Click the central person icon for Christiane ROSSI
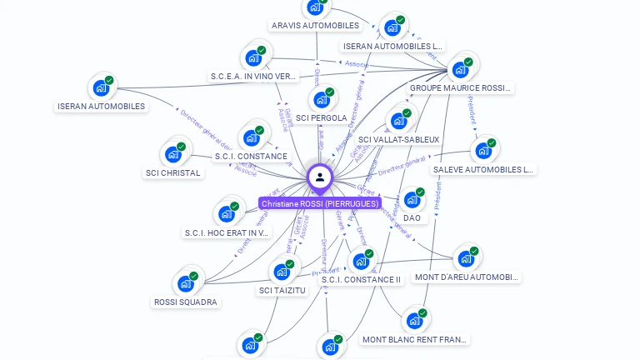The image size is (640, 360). (x=320, y=177)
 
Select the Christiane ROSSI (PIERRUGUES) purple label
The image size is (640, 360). (x=320, y=203)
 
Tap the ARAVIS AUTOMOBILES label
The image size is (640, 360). (x=315, y=26)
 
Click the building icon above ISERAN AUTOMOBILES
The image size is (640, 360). (x=101, y=87)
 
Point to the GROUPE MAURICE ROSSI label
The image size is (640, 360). (x=459, y=87)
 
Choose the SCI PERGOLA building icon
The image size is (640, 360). (x=322, y=99)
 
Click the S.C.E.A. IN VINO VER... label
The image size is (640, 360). (x=253, y=76)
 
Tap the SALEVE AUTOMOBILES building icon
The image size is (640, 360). (x=483, y=151)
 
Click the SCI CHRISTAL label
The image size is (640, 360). (x=172, y=173)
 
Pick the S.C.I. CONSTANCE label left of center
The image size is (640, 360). (x=251, y=156)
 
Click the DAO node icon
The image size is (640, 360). (x=412, y=199)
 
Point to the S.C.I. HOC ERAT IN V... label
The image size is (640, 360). (x=227, y=232)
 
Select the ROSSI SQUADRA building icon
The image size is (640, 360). (x=186, y=283)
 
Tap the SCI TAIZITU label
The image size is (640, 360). (x=282, y=290)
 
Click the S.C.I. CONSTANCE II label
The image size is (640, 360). (x=362, y=279)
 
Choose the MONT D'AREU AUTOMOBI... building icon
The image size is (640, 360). (x=466, y=258)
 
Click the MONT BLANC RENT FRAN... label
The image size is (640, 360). (x=415, y=339)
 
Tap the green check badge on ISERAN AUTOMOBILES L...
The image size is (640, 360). (x=401, y=20)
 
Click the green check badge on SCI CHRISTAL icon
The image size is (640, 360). (x=181, y=147)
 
